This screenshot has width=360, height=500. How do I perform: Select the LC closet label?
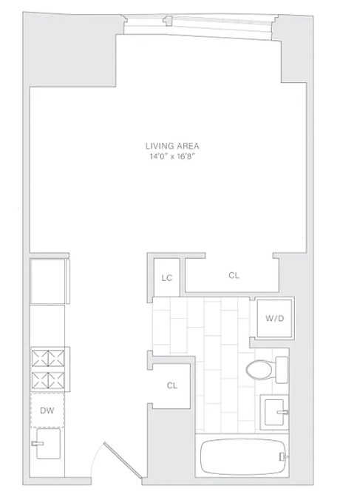[x=167, y=278]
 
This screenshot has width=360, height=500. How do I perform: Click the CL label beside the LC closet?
[x=234, y=276]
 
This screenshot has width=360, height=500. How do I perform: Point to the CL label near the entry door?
[x=171, y=385]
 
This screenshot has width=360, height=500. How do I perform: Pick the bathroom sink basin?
[x=274, y=410]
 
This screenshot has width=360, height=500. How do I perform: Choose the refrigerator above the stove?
[x=47, y=281]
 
